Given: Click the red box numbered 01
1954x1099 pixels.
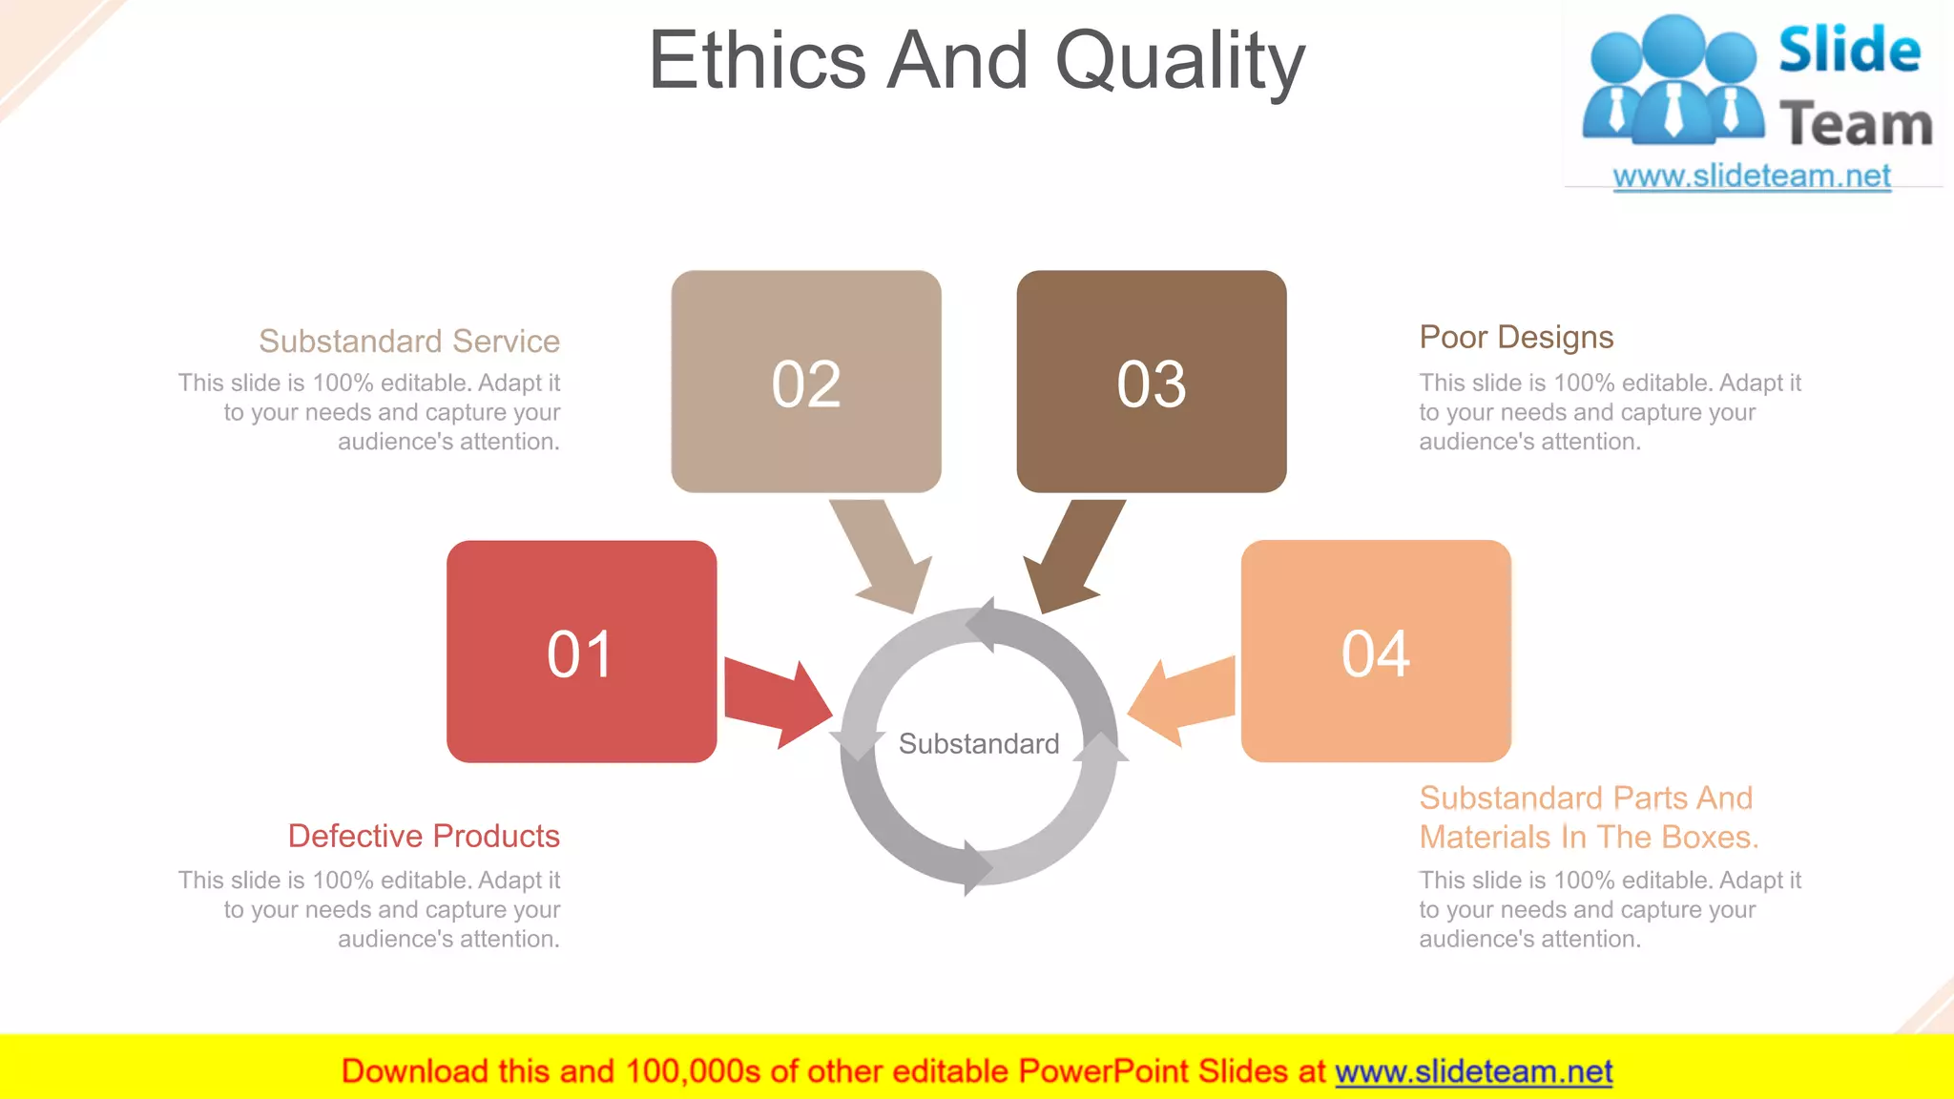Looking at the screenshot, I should [x=581, y=652].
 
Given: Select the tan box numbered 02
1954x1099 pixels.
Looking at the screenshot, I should [x=806, y=382].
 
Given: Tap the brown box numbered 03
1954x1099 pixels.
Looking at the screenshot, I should [x=1152, y=382].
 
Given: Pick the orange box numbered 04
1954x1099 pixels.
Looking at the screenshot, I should [x=1376, y=652].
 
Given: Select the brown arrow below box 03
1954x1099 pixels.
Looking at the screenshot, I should [x=1074, y=553].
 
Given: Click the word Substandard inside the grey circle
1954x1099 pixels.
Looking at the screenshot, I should [x=979, y=743].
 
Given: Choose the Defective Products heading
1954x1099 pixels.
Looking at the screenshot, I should [x=424, y=836].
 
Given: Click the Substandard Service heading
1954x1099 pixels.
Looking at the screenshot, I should [x=409, y=341].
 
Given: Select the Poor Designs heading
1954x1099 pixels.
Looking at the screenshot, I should [x=1516, y=337].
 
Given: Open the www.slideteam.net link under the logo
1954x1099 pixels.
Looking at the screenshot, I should [x=1752, y=176].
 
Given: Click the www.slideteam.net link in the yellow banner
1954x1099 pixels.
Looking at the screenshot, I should [x=1474, y=1071].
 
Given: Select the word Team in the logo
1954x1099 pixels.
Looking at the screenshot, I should [x=1856, y=125].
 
